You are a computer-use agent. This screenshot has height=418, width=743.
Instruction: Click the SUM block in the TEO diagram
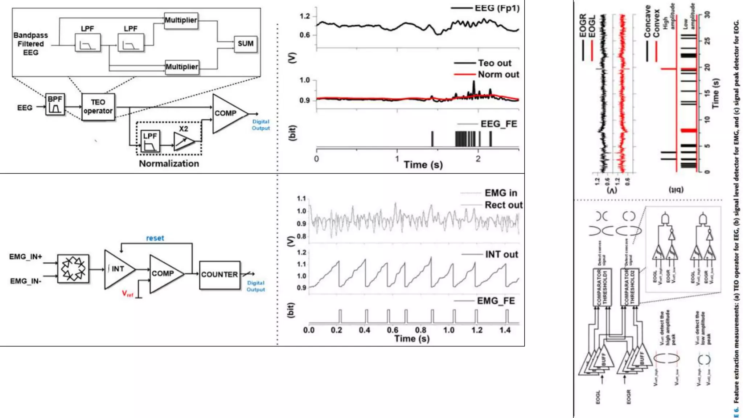click(x=246, y=44)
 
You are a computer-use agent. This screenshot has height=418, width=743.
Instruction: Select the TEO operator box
click(x=98, y=107)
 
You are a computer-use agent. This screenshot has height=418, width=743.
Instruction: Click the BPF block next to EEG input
click(x=55, y=104)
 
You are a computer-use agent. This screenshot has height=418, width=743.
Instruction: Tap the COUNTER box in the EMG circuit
click(x=219, y=275)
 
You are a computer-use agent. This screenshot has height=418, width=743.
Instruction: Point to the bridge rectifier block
click(x=73, y=269)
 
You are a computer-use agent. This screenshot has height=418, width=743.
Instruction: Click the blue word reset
click(x=155, y=238)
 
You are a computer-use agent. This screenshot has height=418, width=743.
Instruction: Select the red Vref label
click(x=127, y=294)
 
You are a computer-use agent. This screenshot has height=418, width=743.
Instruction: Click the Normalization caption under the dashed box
click(x=169, y=164)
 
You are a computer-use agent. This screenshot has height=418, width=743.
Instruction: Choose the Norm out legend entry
click(x=498, y=74)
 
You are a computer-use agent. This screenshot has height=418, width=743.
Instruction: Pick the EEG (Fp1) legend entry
click(x=497, y=8)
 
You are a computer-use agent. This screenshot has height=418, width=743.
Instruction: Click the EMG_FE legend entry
click(x=496, y=301)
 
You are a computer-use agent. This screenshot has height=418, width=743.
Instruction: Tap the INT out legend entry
click(x=501, y=254)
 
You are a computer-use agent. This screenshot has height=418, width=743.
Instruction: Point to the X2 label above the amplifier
click(x=184, y=129)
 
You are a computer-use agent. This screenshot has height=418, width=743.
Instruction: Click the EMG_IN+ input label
click(x=25, y=257)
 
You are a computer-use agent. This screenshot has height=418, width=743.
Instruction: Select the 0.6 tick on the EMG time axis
click(x=393, y=330)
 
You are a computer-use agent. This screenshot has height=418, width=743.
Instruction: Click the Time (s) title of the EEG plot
click(x=423, y=165)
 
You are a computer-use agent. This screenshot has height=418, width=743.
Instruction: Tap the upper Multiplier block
click(x=181, y=20)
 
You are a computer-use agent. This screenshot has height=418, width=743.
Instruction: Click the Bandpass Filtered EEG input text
click(x=30, y=44)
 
